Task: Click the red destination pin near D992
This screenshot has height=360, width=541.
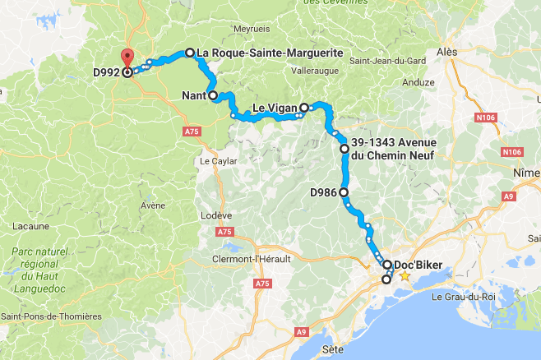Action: click(127, 58)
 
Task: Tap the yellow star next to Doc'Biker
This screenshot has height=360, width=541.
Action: click(404, 277)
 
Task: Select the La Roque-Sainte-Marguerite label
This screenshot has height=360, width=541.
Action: click(270, 53)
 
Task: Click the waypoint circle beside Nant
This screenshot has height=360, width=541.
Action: click(213, 95)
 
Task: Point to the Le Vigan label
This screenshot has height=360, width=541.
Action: click(273, 108)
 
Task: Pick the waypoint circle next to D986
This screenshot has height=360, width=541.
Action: click(344, 192)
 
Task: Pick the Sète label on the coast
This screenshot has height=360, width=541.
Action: click(333, 349)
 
